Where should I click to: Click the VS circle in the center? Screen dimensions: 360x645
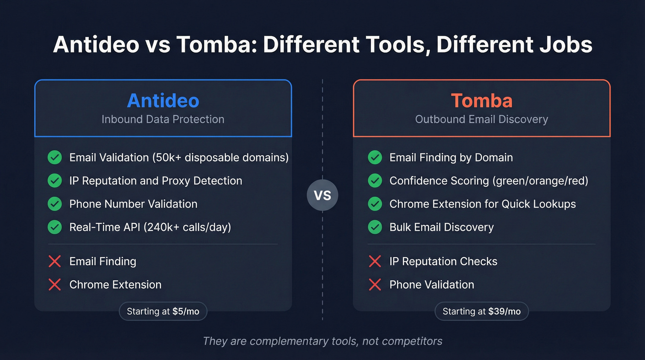tap(322, 195)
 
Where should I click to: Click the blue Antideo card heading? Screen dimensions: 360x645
tap(163, 100)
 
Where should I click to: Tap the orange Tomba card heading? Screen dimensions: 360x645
tap(481, 100)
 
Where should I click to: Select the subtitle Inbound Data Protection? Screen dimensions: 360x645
tap(163, 119)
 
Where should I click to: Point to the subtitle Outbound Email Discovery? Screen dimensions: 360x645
tap(481, 119)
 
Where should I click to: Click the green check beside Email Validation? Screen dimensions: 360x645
tap(55, 158)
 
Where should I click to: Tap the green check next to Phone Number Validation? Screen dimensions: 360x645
tap(55, 204)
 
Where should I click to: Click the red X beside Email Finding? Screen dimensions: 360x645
tap(55, 261)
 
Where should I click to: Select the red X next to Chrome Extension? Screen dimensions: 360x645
tap(55, 284)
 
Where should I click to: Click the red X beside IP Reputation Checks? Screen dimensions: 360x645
tap(375, 261)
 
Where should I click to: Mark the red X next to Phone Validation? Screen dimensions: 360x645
tap(375, 284)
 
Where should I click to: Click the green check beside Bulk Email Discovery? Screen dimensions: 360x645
tap(375, 227)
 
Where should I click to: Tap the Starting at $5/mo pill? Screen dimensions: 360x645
tap(163, 312)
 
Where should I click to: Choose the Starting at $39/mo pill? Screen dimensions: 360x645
tap(481, 312)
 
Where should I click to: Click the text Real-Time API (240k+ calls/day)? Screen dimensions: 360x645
tap(150, 227)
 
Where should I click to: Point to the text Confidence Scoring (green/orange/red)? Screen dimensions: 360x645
tap(489, 181)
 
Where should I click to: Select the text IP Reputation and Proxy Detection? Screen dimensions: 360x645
tap(156, 181)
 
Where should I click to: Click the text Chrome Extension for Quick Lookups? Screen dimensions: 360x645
tap(482, 204)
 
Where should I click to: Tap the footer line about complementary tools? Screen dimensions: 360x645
tap(322, 341)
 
